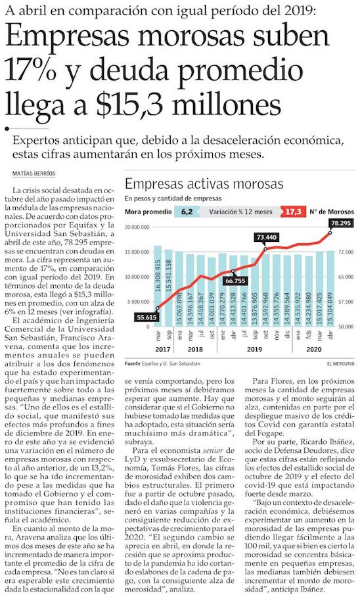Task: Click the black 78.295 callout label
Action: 340,223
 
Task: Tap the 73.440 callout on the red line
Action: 266,237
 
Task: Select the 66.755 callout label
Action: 235,281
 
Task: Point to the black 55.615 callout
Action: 147,317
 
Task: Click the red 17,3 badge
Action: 293,211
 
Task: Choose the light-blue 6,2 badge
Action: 187,212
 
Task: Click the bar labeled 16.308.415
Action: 158,286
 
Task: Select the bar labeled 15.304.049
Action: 330,289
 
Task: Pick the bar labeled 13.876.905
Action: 254,292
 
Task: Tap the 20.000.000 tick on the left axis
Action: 137,227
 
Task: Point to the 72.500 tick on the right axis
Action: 346,252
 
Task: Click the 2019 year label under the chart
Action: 254,349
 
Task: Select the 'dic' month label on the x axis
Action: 287,335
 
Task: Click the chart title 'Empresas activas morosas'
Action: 204,183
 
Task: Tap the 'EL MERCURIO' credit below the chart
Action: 341,363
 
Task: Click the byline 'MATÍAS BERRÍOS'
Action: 34,174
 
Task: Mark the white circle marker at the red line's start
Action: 158,308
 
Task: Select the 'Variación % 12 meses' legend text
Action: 240,212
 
